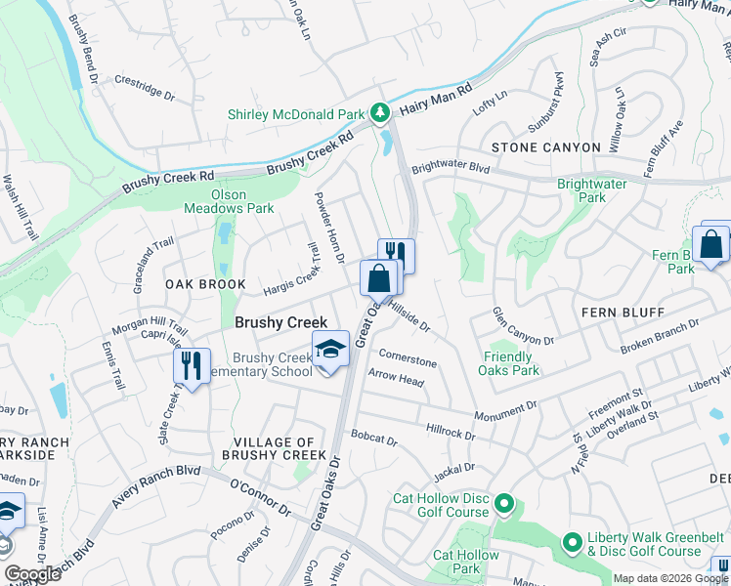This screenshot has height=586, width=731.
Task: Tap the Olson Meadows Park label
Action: click(229, 201)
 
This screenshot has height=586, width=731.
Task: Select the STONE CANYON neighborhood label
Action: click(546, 147)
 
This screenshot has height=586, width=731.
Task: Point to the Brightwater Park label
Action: click(594, 190)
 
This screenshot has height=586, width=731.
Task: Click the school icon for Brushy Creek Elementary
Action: click(330, 349)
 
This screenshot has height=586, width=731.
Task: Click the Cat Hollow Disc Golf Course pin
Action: click(503, 504)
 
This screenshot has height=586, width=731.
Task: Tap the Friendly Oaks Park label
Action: click(510, 363)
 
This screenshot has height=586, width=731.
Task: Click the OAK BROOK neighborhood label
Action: click(205, 284)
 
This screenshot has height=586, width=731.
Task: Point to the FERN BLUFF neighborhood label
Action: click(623, 313)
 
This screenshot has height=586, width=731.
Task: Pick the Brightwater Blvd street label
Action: click(450, 168)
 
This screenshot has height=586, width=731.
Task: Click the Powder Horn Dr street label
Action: click(328, 227)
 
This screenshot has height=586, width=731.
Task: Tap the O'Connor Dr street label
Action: click(261, 498)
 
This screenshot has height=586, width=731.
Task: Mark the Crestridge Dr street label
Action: click(144, 89)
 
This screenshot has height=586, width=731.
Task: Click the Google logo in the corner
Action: click(33, 574)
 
